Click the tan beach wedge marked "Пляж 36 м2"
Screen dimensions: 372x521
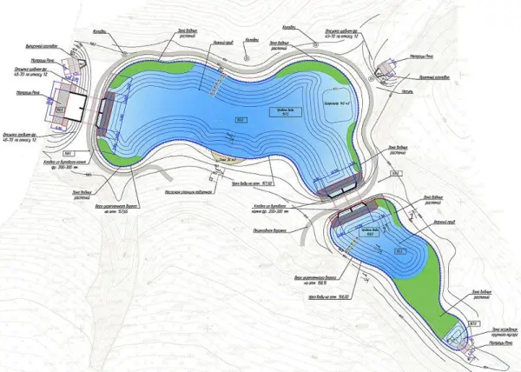227,160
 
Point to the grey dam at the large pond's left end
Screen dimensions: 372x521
105,114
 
